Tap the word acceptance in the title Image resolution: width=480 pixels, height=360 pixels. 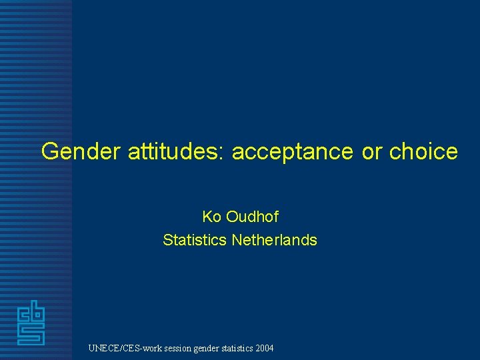click(x=293, y=152)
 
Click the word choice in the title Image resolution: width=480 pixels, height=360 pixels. click(x=423, y=152)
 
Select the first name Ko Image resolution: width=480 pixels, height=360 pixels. click(x=211, y=217)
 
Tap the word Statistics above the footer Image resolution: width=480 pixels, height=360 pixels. click(x=195, y=239)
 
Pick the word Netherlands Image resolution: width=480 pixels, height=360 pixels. click(x=274, y=239)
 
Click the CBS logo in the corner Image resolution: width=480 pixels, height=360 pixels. click(x=31, y=323)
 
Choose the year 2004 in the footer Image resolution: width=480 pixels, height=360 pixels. click(x=263, y=348)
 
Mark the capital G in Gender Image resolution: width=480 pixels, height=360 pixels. click(x=50, y=152)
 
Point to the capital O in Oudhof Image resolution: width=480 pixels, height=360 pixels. click(x=232, y=217)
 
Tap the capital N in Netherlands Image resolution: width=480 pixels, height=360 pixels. click(x=237, y=239)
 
